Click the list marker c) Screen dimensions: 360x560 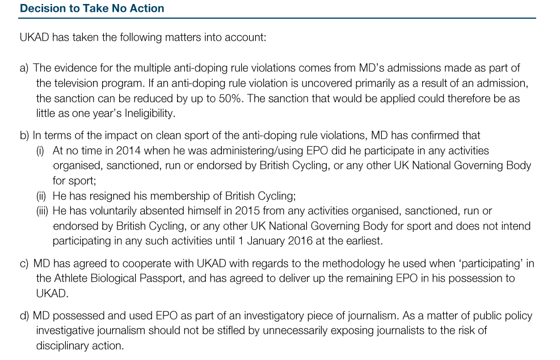pos(24,264)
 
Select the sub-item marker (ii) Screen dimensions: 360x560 pos(41,196)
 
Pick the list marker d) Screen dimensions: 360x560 pos(24,316)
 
